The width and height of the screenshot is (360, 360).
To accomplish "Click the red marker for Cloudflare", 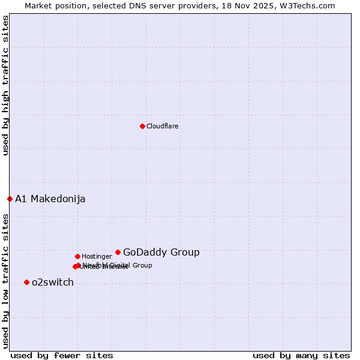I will click(x=142, y=126).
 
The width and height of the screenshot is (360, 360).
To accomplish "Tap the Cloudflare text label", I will click(x=163, y=126).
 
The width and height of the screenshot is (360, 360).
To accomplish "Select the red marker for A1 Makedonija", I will click(x=10, y=199).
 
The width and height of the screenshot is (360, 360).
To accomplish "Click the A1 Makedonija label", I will click(x=50, y=199).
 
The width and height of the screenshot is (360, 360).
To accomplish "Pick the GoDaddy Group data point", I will click(x=118, y=252).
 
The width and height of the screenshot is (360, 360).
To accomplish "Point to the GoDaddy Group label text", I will click(x=161, y=252).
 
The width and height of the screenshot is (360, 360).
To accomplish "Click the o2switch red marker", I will click(x=26, y=282).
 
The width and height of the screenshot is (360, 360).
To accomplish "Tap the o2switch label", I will click(x=53, y=282).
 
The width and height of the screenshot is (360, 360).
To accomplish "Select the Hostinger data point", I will click(x=77, y=256).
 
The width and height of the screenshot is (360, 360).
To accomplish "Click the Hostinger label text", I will click(x=97, y=256).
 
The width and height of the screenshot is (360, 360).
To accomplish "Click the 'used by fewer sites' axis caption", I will click(x=62, y=355).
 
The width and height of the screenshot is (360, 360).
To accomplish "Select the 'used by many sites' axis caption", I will click(x=301, y=355).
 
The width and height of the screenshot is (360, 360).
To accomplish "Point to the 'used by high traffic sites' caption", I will click(x=5, y=86).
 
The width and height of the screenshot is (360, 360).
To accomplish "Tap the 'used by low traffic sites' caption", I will click(x=5, y=280).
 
